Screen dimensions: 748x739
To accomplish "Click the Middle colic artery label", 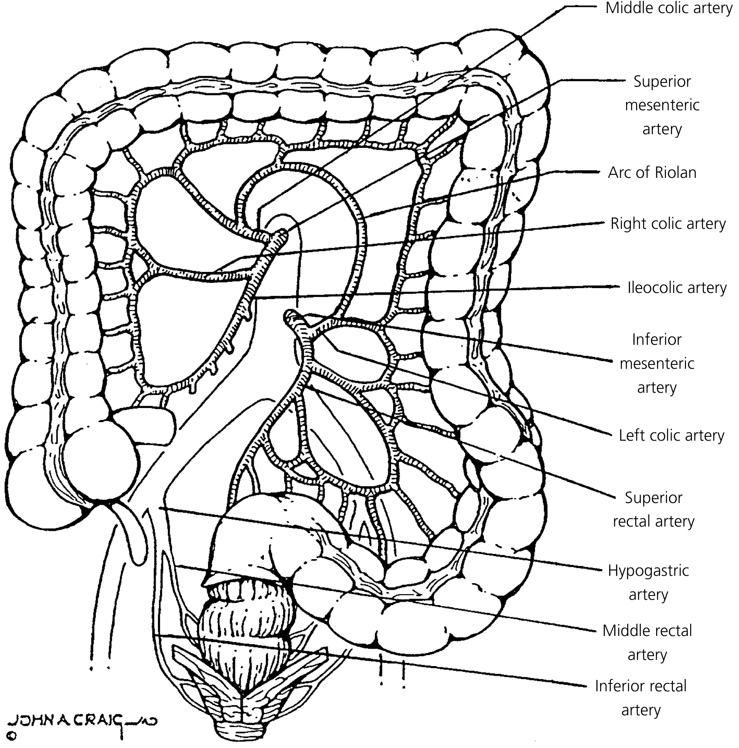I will (669, 9).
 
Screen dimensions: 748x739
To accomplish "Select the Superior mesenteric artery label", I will (662, 105).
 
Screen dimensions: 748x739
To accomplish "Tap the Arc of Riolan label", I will (652, 173).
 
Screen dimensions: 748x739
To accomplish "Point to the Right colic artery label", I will (668, 224).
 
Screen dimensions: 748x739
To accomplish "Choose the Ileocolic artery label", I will (677, 288).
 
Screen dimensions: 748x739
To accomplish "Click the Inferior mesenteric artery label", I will (657, 363).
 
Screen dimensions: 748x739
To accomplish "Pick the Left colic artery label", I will (671, 435).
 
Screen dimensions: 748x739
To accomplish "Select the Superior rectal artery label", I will (653, 509).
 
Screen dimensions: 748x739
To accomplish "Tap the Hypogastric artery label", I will (648, 582).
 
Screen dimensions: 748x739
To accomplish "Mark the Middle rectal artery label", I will (647, 643).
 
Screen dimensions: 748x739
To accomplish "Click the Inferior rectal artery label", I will (640, 698).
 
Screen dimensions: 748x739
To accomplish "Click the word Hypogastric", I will (648, 571).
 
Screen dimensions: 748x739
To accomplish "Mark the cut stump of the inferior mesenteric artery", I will (291, 316).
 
